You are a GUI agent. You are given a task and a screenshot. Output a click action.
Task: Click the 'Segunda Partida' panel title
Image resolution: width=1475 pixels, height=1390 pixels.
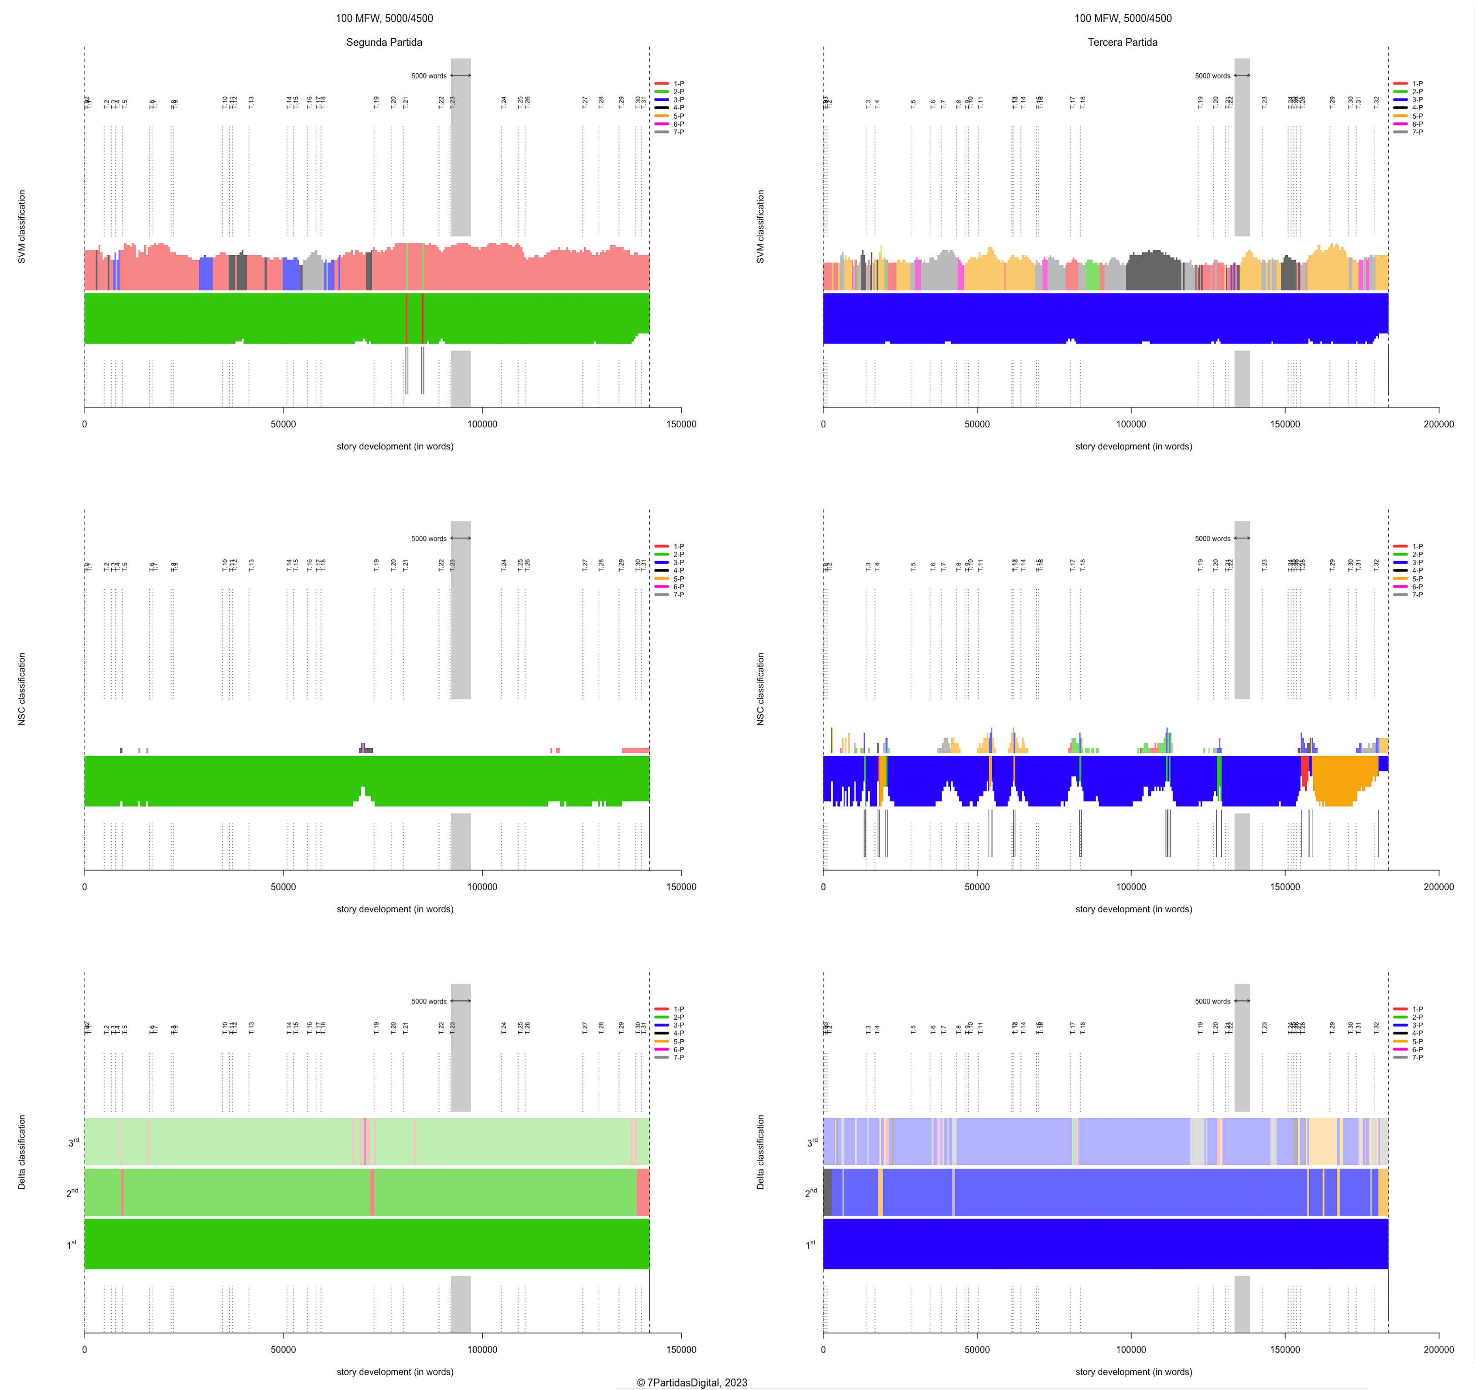(x=384, y=42)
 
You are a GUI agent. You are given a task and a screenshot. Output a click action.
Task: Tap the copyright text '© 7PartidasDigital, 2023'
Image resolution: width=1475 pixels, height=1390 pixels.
(x=692, y=1382)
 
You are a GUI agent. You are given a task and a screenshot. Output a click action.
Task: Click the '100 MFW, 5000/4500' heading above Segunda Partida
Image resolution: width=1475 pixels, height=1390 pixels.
(x=384, y=19)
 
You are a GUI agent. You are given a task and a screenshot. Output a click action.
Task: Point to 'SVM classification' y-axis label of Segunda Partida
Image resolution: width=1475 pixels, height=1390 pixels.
(x=21, y=226)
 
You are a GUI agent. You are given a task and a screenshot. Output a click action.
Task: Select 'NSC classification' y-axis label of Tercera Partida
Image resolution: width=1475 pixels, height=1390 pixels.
(x=760, y=689)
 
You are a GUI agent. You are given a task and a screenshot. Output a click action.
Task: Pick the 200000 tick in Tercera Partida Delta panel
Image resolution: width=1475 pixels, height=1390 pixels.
(x=1438, y=1349)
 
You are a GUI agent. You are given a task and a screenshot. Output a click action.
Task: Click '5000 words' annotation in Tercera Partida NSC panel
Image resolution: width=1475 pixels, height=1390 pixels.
(x=1212, y=539)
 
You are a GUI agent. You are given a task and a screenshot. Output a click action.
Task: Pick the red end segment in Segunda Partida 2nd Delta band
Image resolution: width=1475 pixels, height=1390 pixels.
(x=642, y=1192)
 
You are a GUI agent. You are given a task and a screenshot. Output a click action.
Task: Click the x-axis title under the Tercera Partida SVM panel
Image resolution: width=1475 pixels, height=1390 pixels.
(x=1133, y=446)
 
